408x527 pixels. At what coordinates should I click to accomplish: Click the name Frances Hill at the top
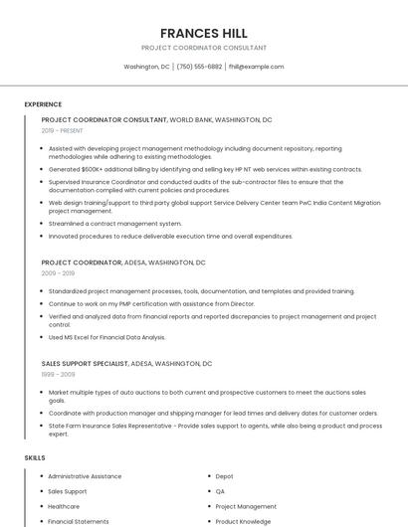pos(203,33)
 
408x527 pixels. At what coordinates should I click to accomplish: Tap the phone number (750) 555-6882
pos(199,67)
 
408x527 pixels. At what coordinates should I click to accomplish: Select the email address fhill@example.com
pos(256,67)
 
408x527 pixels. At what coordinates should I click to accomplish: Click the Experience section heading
pos(43,104)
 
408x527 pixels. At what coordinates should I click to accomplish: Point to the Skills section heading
pos(35,457)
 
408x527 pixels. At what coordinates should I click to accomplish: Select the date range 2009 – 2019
pos(58,273)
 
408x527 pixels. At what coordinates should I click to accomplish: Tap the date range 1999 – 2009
pos(58,374)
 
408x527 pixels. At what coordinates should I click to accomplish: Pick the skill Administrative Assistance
pos(85,476)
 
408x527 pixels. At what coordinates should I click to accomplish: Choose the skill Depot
pos(224,476)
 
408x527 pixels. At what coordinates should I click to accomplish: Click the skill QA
pos(220,491)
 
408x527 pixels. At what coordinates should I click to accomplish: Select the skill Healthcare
pos(64,506)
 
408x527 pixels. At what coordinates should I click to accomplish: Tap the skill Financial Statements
pos(79,521)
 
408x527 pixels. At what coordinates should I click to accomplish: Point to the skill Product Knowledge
pos(243,521)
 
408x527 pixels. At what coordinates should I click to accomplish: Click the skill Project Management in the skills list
pos(246,506)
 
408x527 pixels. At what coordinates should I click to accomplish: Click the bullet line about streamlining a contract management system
pos(115,224)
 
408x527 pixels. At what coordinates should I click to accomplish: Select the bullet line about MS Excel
pos(106,337)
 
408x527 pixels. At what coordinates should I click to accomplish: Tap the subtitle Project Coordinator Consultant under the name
pos(203,48)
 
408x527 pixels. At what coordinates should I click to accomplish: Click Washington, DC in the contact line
pos(146,67)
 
